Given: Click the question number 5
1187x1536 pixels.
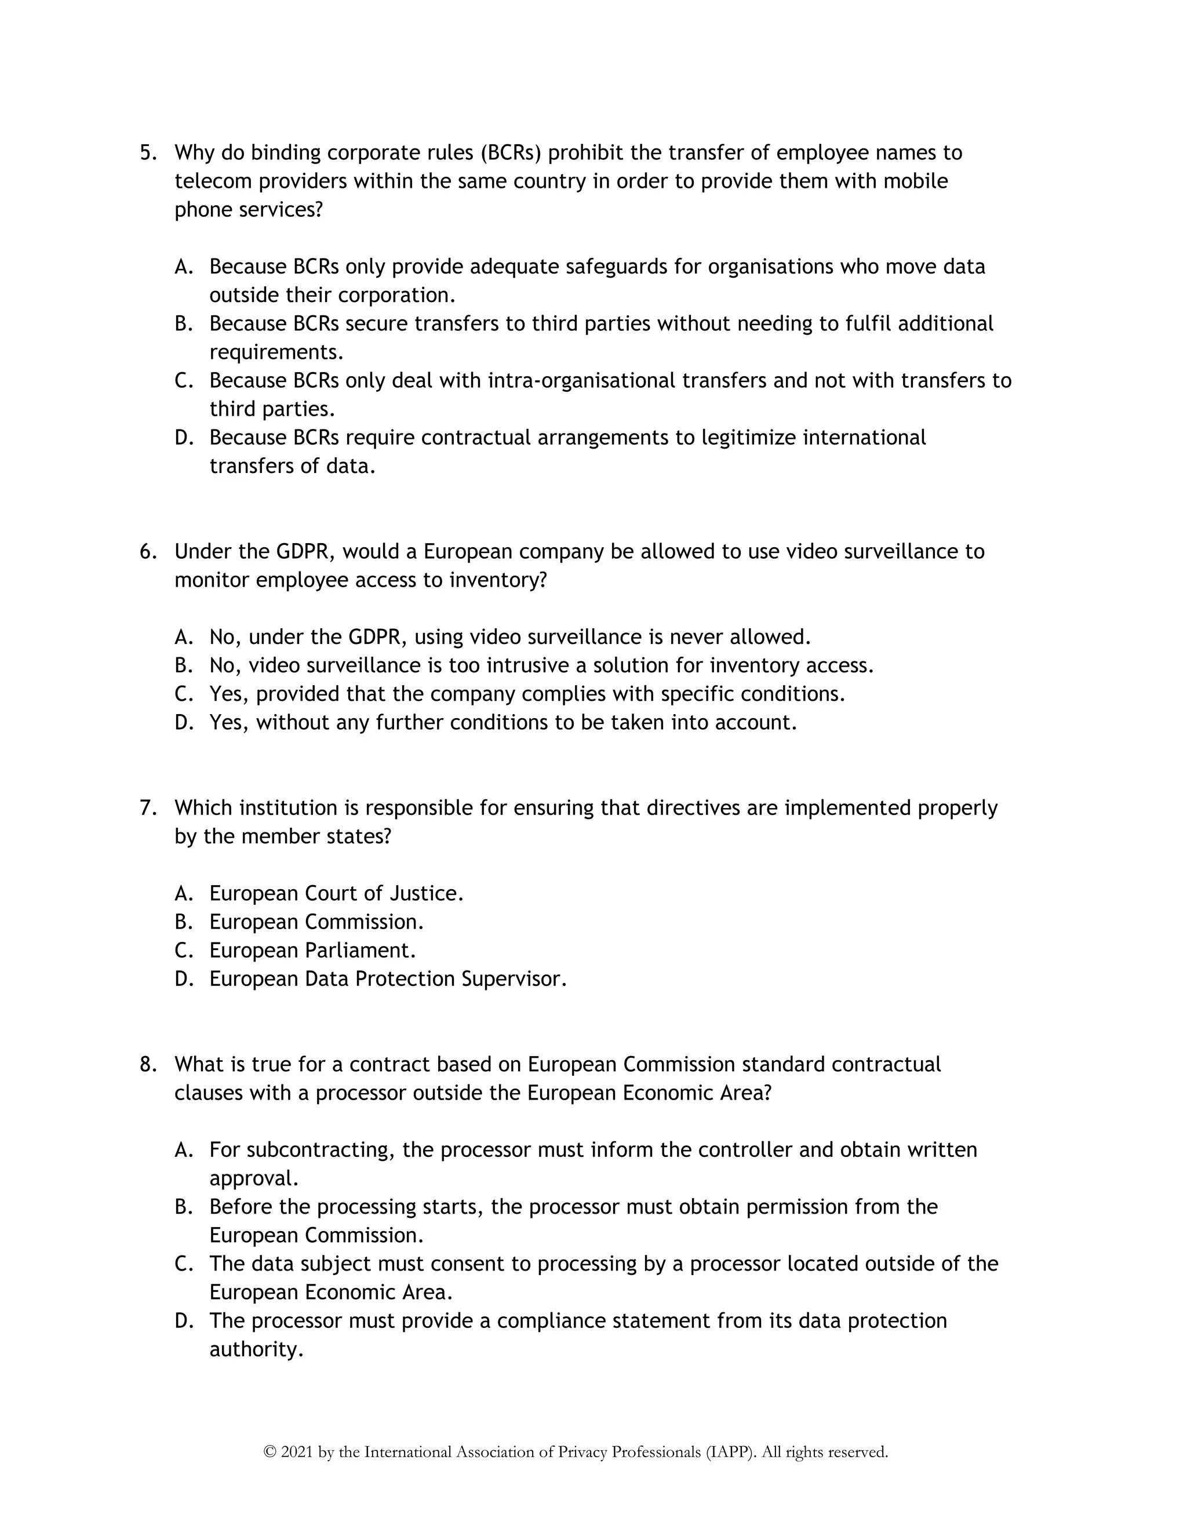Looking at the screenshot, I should (x=148, y=152).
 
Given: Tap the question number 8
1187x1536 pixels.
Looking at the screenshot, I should (x=148, y=1064).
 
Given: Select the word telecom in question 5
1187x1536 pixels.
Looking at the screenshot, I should (x=213, y=181).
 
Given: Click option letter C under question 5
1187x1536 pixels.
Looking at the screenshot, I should (x=183, y=380).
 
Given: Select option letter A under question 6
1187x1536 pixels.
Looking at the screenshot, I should (x=183, y=637).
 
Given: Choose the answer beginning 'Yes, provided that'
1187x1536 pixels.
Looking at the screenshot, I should (x=527, y=694).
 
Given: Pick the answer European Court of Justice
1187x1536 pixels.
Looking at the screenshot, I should (x=336, y=893).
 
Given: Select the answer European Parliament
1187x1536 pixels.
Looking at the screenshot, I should (x=312, y=950).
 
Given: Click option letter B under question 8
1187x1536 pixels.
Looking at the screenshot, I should (x=183, y=1207).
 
